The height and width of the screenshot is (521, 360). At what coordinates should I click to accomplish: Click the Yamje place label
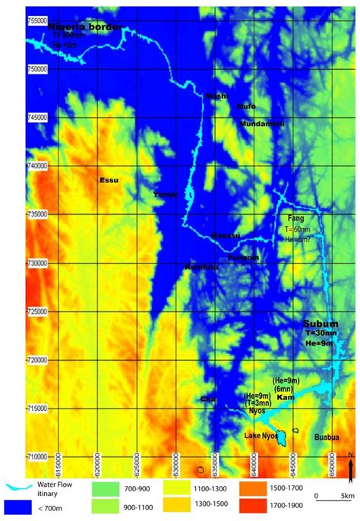pyautogui.click(x=165, y=194)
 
